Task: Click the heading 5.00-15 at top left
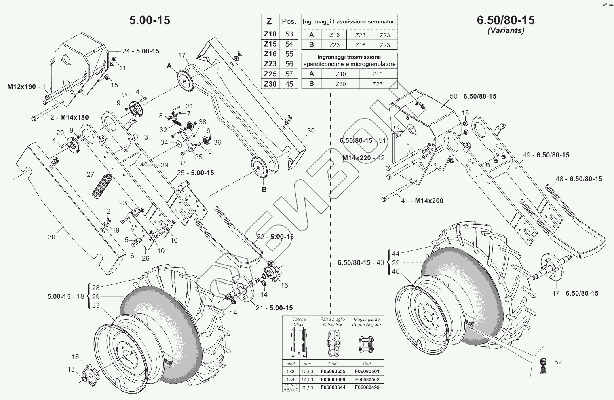point(150,20)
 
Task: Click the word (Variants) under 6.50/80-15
point(506,30)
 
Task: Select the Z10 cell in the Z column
point(270,34)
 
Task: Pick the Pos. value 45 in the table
point(289,84)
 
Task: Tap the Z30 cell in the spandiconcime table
point(340,84)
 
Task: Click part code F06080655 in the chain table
point(333,371)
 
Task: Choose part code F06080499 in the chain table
point(367,387)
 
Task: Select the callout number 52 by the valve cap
point(558,362)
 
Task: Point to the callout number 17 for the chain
point(181,55)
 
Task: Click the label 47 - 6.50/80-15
point(575,293)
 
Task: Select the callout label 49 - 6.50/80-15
point(546,155)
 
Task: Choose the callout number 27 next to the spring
point(90,175)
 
